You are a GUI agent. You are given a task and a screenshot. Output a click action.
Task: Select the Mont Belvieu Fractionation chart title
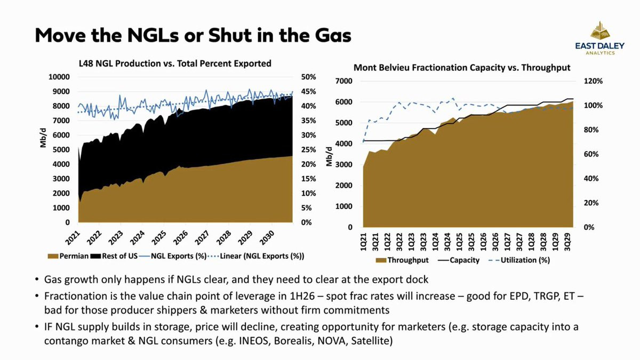462,68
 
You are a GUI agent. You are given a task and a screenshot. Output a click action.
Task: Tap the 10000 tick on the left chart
59,77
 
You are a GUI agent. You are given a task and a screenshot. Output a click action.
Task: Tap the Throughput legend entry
403,260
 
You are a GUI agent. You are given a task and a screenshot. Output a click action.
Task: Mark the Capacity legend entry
457,260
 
